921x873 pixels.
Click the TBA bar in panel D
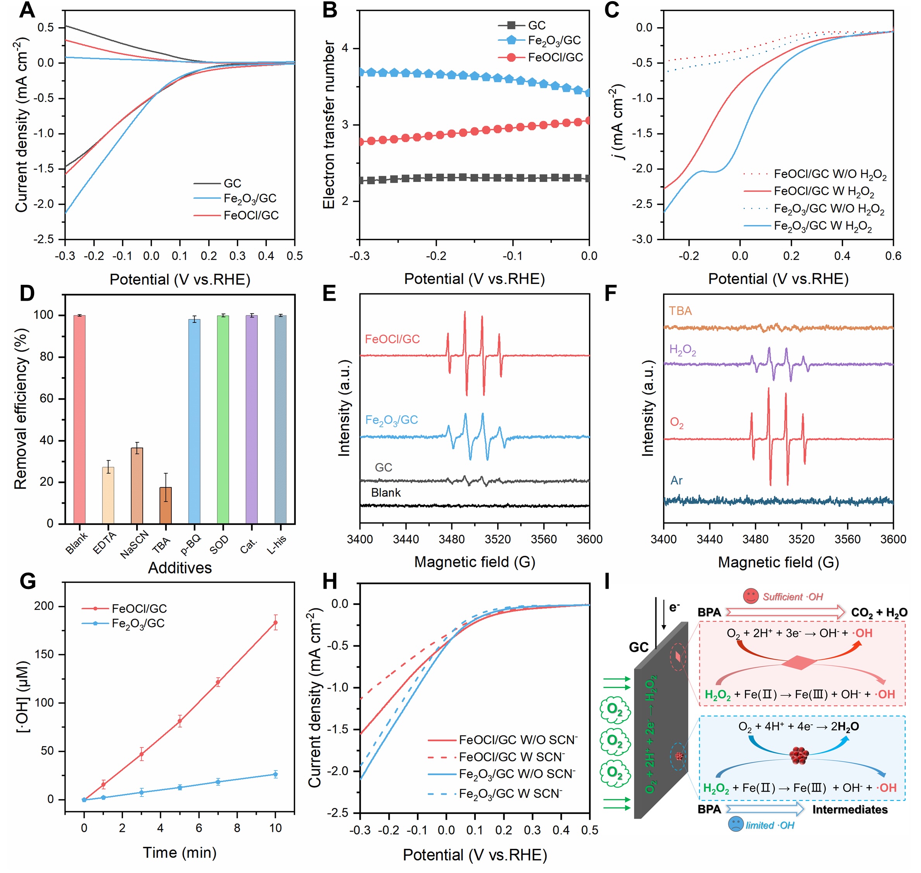166,506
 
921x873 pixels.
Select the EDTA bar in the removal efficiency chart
108,495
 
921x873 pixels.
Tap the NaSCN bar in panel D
137,486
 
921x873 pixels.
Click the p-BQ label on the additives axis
191,544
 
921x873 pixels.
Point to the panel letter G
28,582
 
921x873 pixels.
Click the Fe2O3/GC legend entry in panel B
539,40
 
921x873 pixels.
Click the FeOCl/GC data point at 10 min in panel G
275,623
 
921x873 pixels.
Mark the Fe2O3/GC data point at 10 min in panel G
275,774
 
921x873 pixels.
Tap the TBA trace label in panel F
680,311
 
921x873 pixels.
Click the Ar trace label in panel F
676,480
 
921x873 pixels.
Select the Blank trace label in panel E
385,492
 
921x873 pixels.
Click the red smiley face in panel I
750,596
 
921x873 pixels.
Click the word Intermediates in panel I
850,809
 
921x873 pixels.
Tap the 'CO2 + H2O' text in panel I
879,612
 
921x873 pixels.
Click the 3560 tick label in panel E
543,539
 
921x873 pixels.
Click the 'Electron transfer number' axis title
329,125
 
